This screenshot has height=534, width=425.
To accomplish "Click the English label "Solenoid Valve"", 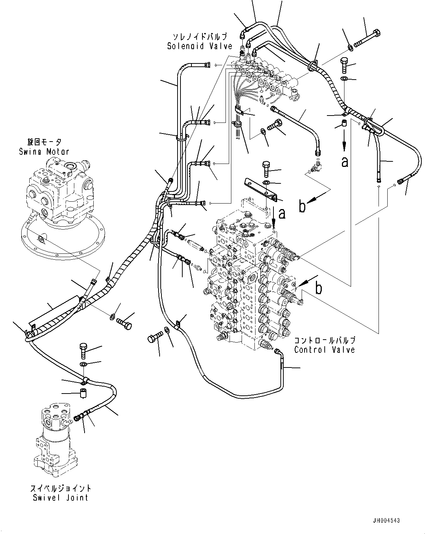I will (x=200, y=46).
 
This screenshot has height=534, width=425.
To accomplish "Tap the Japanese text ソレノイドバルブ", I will (x=200, y=37).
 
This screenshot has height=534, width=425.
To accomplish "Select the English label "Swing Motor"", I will (x=44, y=151).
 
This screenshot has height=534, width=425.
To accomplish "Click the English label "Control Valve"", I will (x=324, y=350).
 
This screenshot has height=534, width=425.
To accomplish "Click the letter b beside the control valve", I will (x=319, y=288).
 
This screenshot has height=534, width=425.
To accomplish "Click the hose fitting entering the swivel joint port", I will (x=78, y=417).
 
